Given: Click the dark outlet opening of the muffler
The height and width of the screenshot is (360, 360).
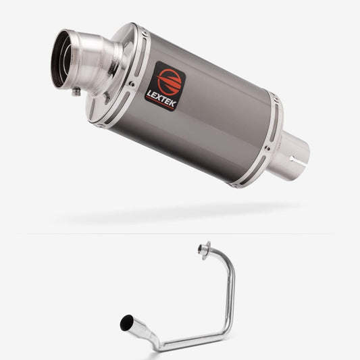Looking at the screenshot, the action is (x=60, y=59).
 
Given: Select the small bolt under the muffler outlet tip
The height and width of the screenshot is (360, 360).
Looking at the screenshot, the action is (x=76, y=92).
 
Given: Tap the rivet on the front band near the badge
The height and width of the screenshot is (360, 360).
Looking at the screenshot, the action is (x=132, y=84).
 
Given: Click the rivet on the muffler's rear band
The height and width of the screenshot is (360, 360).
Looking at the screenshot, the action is (x=267, y=149).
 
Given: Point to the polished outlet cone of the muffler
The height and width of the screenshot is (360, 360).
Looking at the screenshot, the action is (x=92, y=62).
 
